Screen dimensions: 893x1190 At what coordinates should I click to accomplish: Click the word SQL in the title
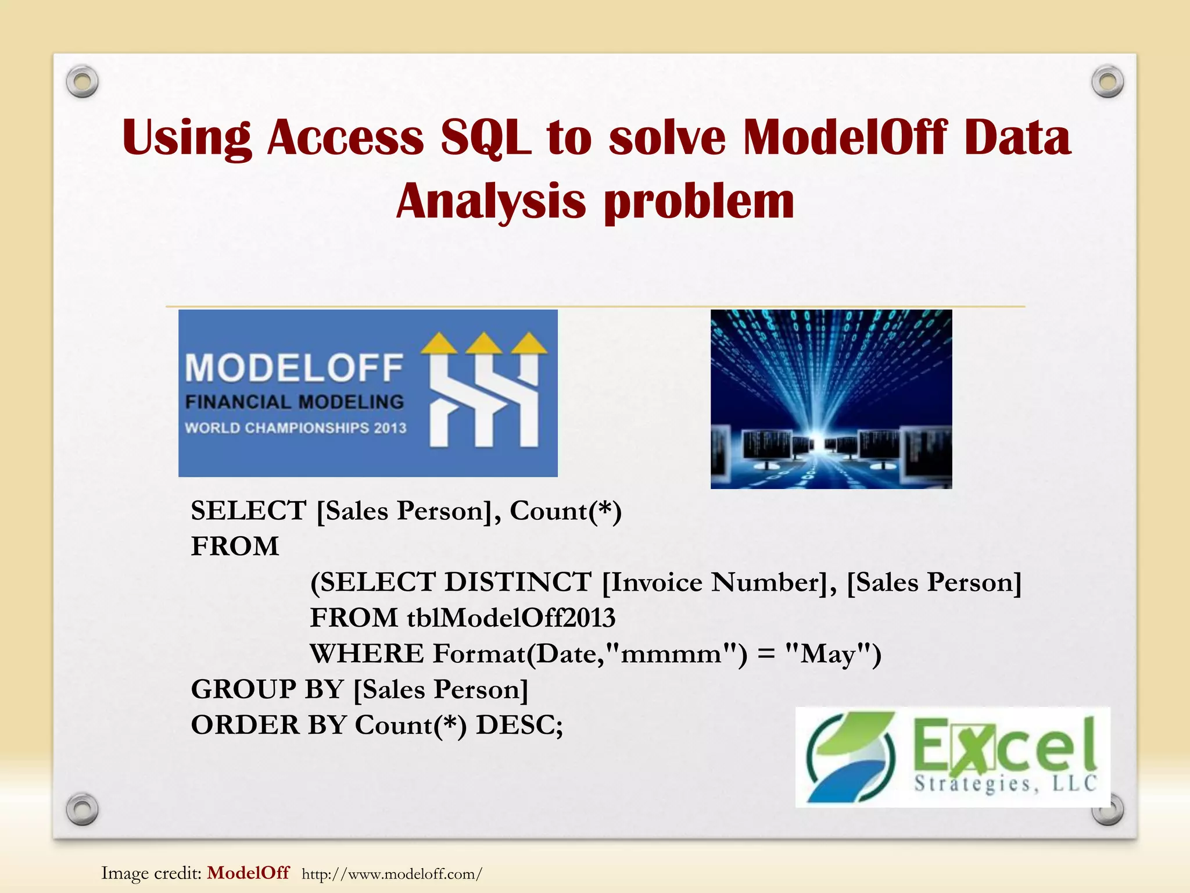pyautogui.click(x=485, y=138)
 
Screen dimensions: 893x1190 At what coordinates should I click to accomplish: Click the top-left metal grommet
pyautogui.click(x=82, y=82)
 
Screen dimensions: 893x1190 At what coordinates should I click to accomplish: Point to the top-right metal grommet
pyautogui.click(x=1107, y=82)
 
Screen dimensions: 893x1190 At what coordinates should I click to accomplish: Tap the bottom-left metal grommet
pyautogui.click(x=82, y=809)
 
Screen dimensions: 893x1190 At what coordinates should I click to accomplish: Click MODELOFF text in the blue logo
pyautogui.click(x=294, y=369)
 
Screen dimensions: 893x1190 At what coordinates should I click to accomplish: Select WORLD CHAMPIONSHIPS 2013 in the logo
pyautogui.click(x=295, y=428)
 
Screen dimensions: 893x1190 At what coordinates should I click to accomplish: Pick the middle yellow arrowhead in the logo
pyautogui.click(x=484, y=343)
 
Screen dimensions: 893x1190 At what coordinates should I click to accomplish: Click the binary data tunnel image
pyautogui.click(x=831, y=399)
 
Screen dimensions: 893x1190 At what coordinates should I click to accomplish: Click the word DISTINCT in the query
pyautogui.click(x=518, y=582)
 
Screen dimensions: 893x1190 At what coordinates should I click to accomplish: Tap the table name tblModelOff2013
pyautogui.click(x=511, y=618)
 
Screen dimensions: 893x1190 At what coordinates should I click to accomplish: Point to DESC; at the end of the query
pyautogui.click(x=519, y=725)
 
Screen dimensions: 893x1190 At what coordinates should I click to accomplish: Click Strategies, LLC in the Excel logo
pyautogui.click(x=1005, y=784)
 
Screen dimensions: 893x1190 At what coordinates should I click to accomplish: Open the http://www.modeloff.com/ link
pyautogui.click(x=392, y=874)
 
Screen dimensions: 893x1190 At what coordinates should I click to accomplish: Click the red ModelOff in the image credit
pyautogui.click(x=248, y=873)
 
